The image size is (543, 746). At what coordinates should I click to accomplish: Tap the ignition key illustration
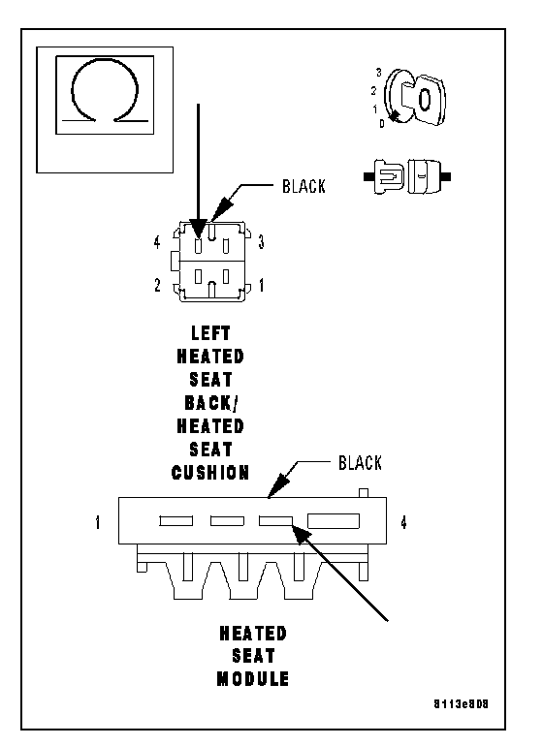416,99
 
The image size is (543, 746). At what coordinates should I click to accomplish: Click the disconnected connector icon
407,176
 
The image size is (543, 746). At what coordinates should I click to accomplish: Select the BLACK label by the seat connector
303,186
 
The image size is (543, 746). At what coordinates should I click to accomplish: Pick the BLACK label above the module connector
360,463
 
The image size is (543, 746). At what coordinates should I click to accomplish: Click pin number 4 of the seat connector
157,242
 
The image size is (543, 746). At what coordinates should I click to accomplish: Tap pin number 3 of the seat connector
261,242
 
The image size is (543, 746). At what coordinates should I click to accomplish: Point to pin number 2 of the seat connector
157,285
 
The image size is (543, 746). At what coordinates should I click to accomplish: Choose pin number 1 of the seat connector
261,285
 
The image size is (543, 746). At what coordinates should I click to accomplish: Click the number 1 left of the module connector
98,522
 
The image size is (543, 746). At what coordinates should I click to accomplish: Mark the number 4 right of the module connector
403,522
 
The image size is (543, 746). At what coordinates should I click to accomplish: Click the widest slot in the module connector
334,521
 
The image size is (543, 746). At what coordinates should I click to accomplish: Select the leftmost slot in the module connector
176,521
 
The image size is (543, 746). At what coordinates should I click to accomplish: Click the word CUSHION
210,473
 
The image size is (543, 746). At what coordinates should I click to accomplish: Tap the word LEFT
210,333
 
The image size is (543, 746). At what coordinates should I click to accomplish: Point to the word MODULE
253,678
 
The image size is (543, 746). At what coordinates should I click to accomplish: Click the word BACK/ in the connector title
211,403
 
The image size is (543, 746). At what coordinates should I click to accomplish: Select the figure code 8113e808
461,704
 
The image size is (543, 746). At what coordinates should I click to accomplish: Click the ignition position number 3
379,73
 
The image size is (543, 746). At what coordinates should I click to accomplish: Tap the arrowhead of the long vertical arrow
198,228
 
